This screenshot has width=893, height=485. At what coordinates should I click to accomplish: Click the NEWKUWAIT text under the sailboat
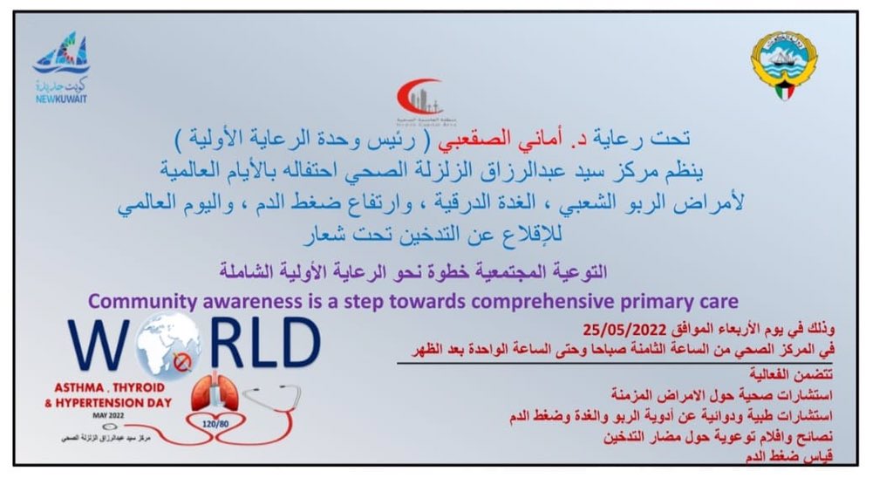(x=61, y=99)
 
